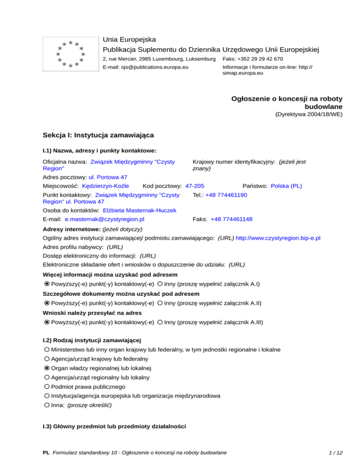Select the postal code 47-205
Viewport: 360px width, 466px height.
click(195, 186)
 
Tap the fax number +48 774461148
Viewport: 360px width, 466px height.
click(232, 219)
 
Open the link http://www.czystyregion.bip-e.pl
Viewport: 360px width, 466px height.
click(278, 239)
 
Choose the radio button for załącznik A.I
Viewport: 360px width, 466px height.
click(160, 284)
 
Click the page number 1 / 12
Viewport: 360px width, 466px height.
click(337, 452)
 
